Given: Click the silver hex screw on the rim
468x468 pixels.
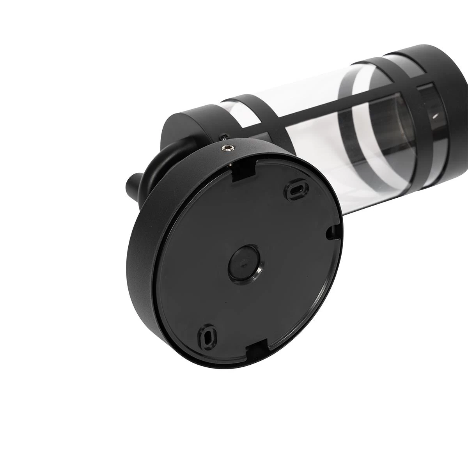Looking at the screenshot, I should click(x=227, y=147).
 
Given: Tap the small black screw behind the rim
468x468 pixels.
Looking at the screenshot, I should click(x=225, y=136).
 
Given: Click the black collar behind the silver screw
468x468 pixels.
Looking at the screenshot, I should click(x=187, y=125).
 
